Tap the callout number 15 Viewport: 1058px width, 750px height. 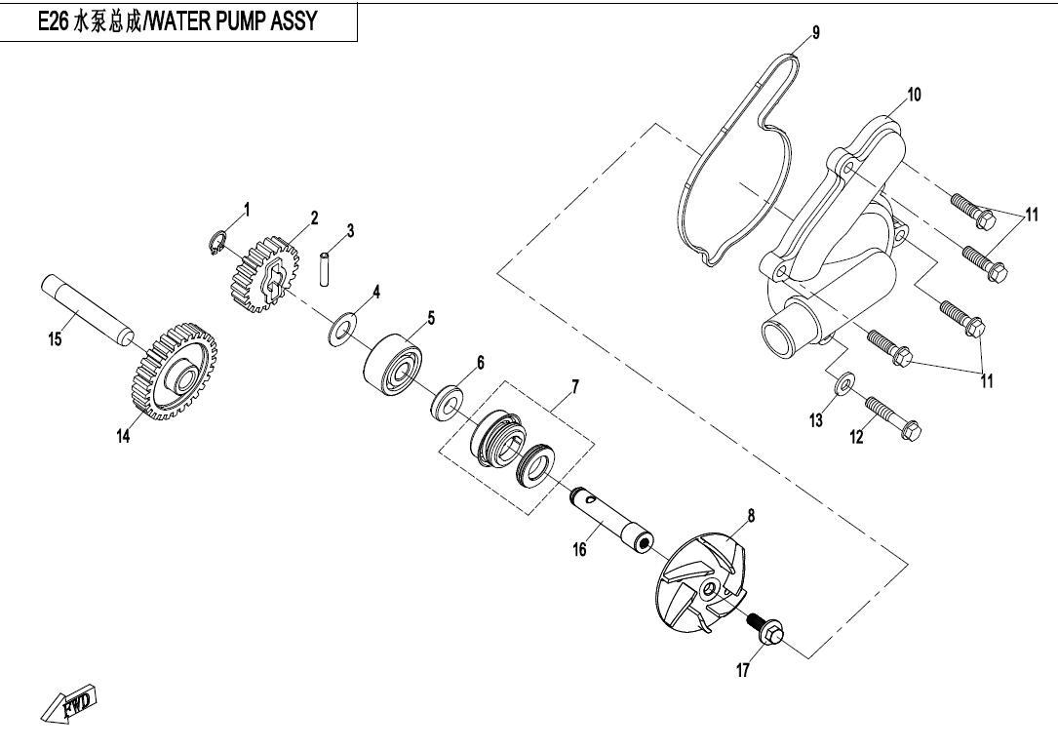[56, 338]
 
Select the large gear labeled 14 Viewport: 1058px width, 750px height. [173, 370]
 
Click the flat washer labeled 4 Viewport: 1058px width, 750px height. [340, 330]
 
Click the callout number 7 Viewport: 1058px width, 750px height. [575, 387]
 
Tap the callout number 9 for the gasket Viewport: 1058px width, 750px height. [816, 33]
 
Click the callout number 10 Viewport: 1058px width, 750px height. [914, 95]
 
